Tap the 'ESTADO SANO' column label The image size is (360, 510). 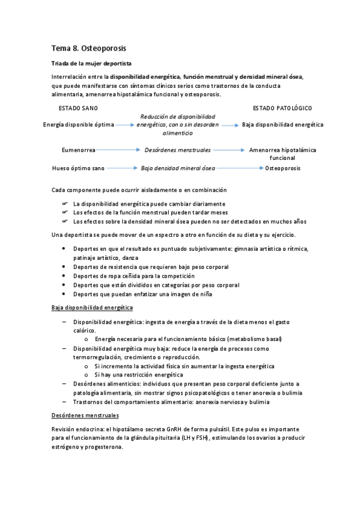pos(78,108)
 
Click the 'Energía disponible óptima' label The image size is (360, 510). pos(79,124)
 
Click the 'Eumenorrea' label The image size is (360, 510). pos(79,149)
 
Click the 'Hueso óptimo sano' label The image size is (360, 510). pos(79,169)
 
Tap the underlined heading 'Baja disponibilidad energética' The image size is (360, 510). pos(92,307)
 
